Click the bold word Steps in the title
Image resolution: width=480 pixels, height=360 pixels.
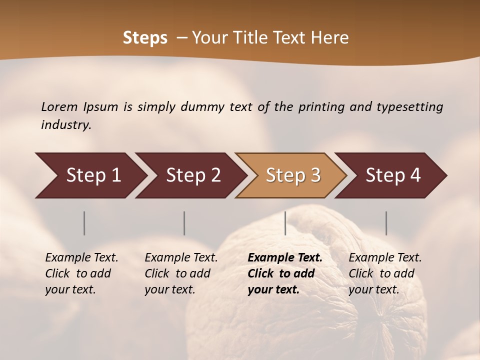coord(145,38)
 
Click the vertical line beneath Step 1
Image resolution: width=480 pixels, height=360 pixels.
coord(84,223)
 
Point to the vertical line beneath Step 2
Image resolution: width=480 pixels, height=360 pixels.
coord(184,223)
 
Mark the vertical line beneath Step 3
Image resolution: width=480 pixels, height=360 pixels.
coord(285,223)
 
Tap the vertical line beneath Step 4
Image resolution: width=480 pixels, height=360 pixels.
coord(386,223)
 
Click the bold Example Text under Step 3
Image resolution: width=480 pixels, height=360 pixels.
coord(285,273)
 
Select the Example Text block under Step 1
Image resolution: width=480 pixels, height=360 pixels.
coord(81,273)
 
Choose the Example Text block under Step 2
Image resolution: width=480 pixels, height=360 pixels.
coord(181,273)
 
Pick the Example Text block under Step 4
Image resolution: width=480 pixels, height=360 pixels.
coord(385,273)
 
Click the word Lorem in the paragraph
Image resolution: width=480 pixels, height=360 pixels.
coord(59,107)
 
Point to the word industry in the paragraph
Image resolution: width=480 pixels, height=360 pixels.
coord(65,125)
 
